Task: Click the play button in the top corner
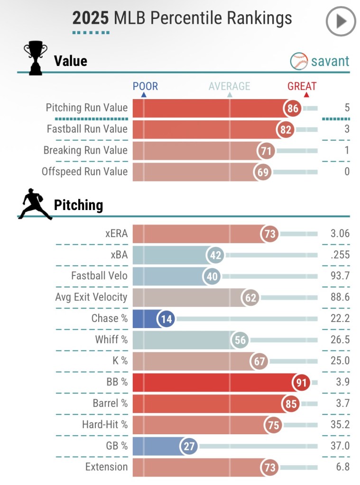click(341, 21)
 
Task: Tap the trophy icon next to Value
click(35, 58)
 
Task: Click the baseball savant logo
click(320, 61)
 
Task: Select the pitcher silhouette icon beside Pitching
click(35, 204)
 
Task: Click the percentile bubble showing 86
click(293, 109)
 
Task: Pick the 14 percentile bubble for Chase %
click(166, 319)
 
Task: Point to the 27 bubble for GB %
click(189, 446)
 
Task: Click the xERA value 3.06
click(340, 234)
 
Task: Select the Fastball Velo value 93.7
click(340, 276)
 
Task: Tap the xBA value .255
click(340, 255)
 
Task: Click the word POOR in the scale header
click(145, 86)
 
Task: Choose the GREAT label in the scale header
click(302, 86)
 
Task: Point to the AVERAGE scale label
click(230, 86)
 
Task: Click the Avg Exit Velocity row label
click(91, 297)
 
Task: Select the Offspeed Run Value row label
click(84, 172)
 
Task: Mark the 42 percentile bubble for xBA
click(215, 256)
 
